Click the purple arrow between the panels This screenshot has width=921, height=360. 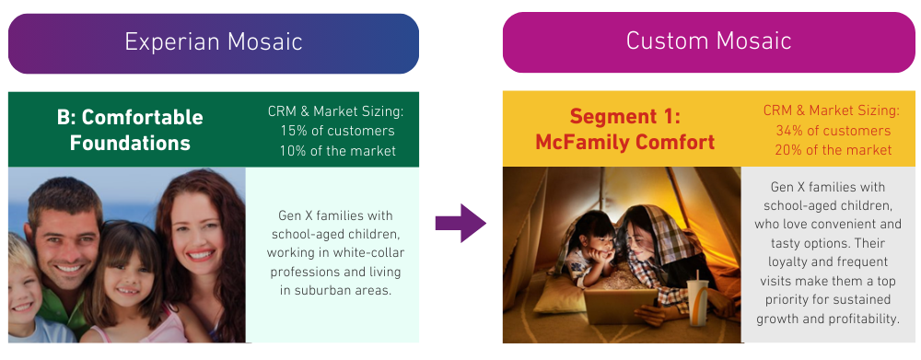460,222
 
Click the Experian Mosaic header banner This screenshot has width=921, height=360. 214,42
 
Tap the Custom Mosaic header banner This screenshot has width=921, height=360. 707,42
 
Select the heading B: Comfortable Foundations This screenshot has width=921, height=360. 130,131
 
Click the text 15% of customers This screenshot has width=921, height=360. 336,131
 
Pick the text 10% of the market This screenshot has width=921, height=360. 336,150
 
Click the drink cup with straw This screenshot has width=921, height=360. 696,298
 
